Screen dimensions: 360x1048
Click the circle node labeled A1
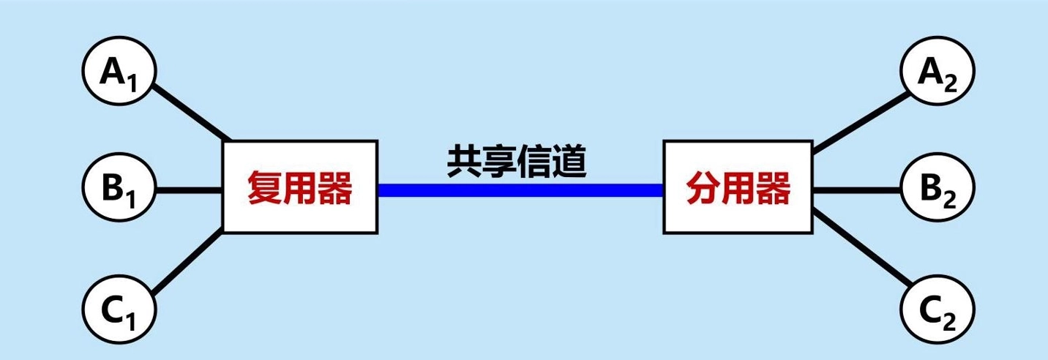point(118,74)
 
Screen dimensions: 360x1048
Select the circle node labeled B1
point(118,190)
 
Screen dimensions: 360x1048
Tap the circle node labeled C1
point(118,305)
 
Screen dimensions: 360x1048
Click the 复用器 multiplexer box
point(300,188)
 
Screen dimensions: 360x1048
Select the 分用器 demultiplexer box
point(738,188)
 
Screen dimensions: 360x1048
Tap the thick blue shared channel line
point(520,190)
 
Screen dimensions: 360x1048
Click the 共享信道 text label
point(517,162)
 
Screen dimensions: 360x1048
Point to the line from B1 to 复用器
point(189,190)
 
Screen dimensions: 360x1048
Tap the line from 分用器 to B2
point(857,190)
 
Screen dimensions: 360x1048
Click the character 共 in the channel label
point(465,162)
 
